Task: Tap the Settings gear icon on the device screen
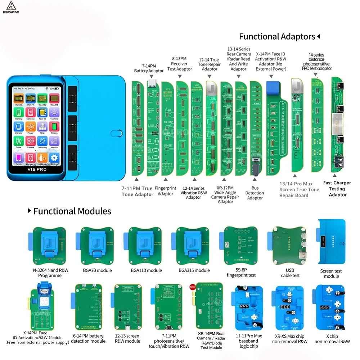[54, 157]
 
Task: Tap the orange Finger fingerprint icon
[30, 127]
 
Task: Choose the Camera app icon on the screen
[30, 142]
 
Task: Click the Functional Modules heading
[72, 211]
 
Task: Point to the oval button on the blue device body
[115, 132]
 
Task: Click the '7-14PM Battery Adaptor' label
[149, 68]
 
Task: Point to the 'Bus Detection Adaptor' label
[255, 193]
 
